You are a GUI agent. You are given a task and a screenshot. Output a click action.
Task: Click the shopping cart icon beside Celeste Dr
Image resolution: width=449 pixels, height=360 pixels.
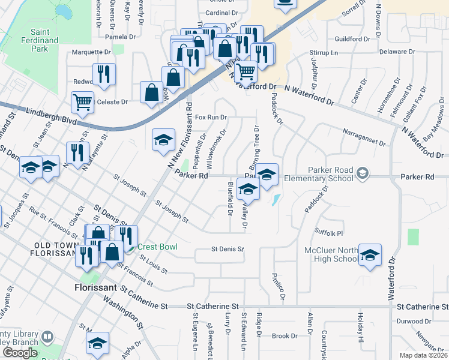(82, 101)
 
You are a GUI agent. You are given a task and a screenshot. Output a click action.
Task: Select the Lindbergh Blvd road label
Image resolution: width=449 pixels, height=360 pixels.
(52, 115)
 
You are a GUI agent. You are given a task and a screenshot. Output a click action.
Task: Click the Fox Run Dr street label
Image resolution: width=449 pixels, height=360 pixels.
(210, 117)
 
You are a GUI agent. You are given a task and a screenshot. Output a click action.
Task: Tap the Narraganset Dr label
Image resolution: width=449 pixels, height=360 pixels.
(363, 136)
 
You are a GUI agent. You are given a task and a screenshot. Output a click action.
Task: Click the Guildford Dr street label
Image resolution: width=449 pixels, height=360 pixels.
(352, 39)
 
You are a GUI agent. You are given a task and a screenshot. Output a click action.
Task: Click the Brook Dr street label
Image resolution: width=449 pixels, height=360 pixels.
(281, 336)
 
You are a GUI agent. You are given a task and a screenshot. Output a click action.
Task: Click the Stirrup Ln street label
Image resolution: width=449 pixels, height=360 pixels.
(324, 53)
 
